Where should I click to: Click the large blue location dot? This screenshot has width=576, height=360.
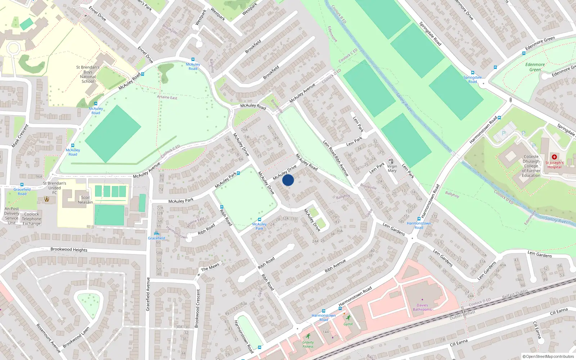click(288, 180)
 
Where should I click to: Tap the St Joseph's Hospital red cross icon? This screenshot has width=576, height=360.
click(554, 157)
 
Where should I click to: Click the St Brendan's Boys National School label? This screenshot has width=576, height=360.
click(87, 74)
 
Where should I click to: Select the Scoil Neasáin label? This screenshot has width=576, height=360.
click(85, 200)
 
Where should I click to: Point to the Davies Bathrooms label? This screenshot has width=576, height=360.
click(422, 307)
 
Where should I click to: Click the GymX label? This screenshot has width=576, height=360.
click(348, 324)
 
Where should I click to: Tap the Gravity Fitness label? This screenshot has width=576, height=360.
click(308, 345)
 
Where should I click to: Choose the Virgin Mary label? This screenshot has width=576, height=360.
click(392, 168)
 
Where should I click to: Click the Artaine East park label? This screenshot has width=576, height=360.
click(167, 97)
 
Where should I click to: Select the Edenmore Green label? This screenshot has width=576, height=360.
click(535, 67)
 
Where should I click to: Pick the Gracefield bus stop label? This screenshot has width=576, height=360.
click(157, 238)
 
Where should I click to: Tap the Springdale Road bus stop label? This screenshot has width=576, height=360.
click(472, 80)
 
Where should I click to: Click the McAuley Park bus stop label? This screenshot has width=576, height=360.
click(259, 226)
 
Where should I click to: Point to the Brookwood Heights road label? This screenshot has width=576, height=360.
click(69, 249)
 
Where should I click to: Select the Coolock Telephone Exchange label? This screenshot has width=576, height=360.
click(32, 219)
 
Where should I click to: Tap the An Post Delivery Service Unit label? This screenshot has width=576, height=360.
click(12, 216)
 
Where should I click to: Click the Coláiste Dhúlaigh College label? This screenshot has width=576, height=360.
click(531, 166)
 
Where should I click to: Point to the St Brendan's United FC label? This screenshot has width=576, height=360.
click(54, 188)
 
